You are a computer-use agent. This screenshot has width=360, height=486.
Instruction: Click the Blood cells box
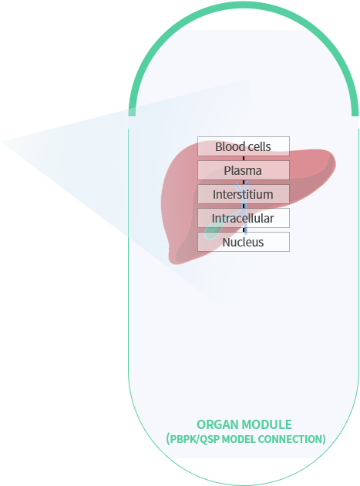point(244,146)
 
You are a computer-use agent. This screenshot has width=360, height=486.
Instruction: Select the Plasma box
point(244,170)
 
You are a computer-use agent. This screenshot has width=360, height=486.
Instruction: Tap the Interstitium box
point(244,194)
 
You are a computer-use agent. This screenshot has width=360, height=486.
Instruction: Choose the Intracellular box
point(244,218)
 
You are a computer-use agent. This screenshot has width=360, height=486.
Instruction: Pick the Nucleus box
point(244,242)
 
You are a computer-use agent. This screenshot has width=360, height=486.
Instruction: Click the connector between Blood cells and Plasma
point(244,159)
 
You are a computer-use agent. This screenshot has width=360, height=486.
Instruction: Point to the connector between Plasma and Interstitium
point(244,183)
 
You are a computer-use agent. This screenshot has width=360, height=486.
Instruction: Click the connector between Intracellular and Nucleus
point(244,230)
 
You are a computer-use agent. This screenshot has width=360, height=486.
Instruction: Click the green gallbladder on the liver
point(214,231)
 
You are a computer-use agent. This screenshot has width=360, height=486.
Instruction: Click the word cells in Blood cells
point(259,146)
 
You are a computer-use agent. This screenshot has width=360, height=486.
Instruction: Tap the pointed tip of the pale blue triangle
point(2,142)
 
